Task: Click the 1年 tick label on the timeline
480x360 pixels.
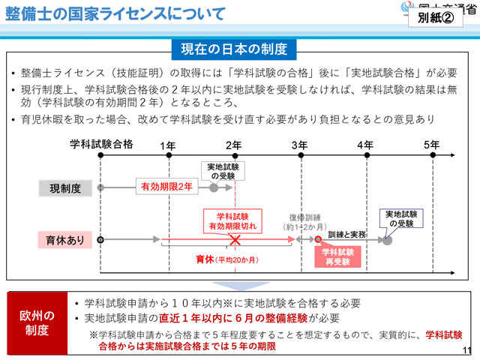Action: (x=169, y=144)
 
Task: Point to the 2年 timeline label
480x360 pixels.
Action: (x=233, y=144)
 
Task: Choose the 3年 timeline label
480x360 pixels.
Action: (x=299, y=144)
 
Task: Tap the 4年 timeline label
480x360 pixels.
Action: (x=364, y=144)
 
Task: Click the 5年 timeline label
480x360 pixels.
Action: (x=430, y=144)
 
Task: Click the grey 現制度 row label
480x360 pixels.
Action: (x=60, y=187)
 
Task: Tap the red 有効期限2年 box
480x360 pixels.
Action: (x=166, y=185)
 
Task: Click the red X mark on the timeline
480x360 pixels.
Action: (x=235, y=240)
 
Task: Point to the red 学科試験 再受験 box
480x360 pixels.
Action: (x=337, y=257)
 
